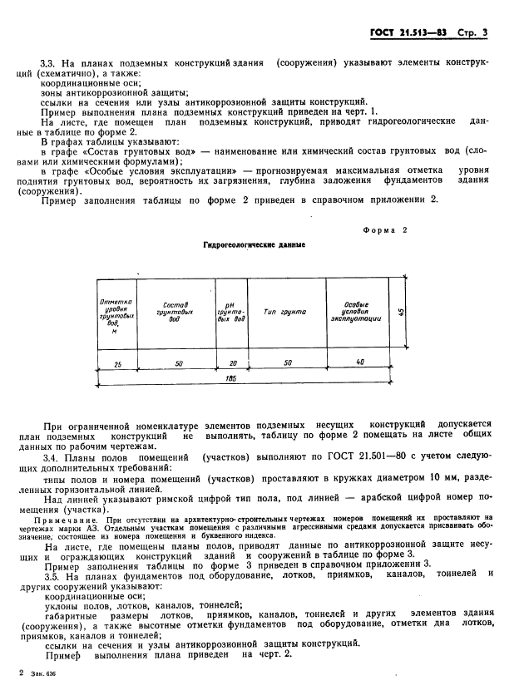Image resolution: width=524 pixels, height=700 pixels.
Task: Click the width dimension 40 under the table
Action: (x=358, y=362)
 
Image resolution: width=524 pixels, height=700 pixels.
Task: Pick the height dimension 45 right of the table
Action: (x=401, y=312)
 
